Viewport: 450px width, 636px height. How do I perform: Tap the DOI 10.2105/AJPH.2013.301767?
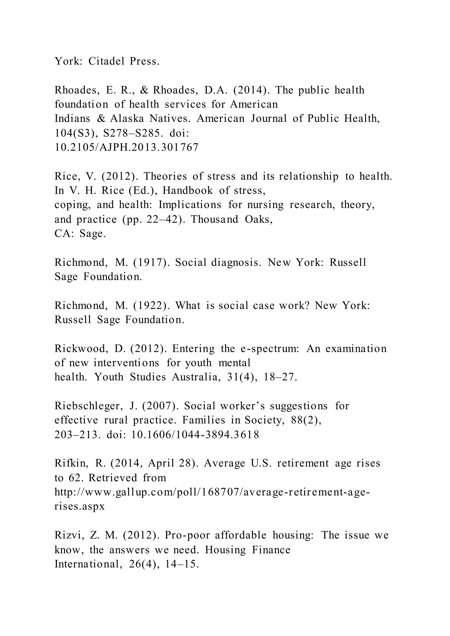pyautogui.click(x=127, y=147)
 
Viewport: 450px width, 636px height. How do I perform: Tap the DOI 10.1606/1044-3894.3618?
pyautogui.click(x=195, y=435)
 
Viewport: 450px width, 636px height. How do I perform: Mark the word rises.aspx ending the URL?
pyautogui.click(x=80, y=506)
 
